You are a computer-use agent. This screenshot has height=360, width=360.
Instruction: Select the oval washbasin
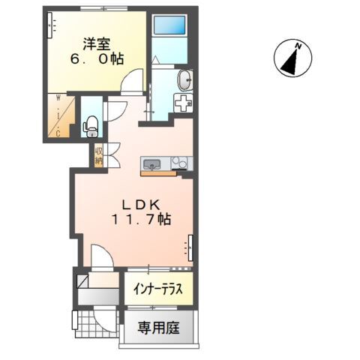(x=184, y=79)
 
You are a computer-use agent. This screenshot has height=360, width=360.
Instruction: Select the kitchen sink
(x=151, y=163)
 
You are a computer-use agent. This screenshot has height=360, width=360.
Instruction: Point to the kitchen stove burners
(x=180, y=163)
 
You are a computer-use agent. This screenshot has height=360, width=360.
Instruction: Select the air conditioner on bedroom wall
(x=52, y=26)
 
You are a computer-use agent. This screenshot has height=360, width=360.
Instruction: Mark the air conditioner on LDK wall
(x=189, y=246)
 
